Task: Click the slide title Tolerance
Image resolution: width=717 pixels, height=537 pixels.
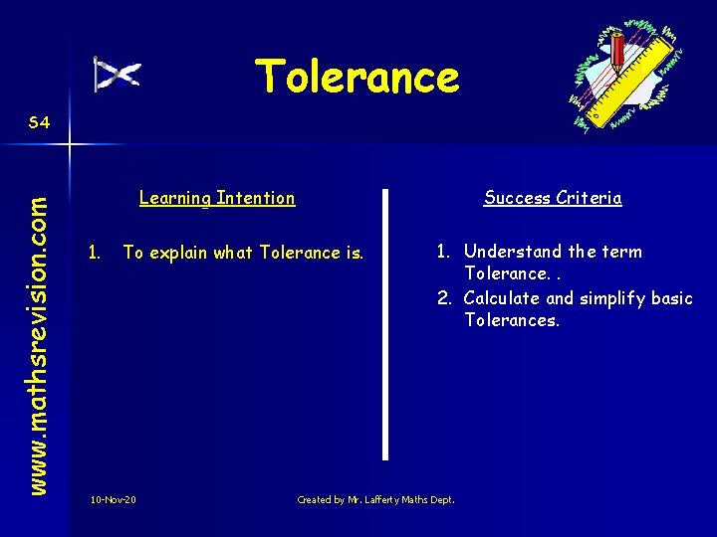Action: (x=357, y=77)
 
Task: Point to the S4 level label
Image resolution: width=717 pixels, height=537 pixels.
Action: (x=40, y=123)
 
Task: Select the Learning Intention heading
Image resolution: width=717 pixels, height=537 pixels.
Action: (x=217, y=198)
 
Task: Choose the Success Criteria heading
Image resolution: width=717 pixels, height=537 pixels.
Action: (x=553, y=198)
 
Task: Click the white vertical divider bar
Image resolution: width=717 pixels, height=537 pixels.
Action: (x=384, y=323)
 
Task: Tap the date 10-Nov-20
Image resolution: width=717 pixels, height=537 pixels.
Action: (x=113, y=499)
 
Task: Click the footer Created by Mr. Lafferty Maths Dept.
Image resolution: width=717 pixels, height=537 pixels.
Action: (x=375, y=499)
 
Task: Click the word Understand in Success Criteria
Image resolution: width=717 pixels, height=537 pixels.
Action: (x=509, y=252)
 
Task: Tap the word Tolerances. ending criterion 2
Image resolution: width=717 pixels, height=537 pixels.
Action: (x=512, y=320)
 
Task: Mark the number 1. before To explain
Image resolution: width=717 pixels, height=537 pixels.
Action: (x=95, y=253)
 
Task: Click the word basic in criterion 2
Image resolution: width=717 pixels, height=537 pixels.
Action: (x=673, y=298)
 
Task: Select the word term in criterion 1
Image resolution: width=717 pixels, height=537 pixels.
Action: (x=622, y=252)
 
